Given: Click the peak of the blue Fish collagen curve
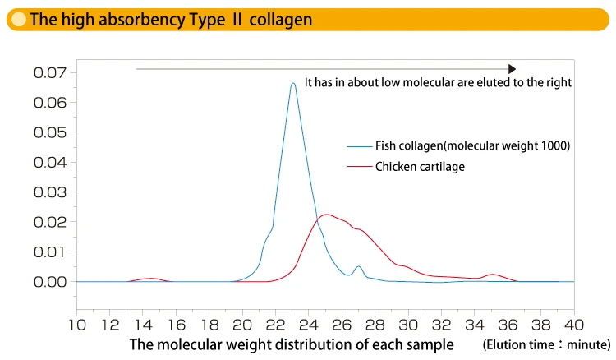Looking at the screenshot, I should pos(292,83).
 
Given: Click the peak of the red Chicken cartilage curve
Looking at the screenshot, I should pos(326,215).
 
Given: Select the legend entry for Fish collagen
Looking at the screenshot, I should pos(455,145).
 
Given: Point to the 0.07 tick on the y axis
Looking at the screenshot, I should pos(50,72).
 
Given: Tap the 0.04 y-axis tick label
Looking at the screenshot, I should pos(50,162).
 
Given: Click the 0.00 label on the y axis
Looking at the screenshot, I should pos(50,281).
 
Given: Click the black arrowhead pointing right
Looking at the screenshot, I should pos(512,69).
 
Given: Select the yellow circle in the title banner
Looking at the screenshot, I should pos(17,18).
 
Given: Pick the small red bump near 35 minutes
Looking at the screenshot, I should pos(493,275).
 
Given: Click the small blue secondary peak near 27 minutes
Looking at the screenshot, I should pos(358,266).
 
